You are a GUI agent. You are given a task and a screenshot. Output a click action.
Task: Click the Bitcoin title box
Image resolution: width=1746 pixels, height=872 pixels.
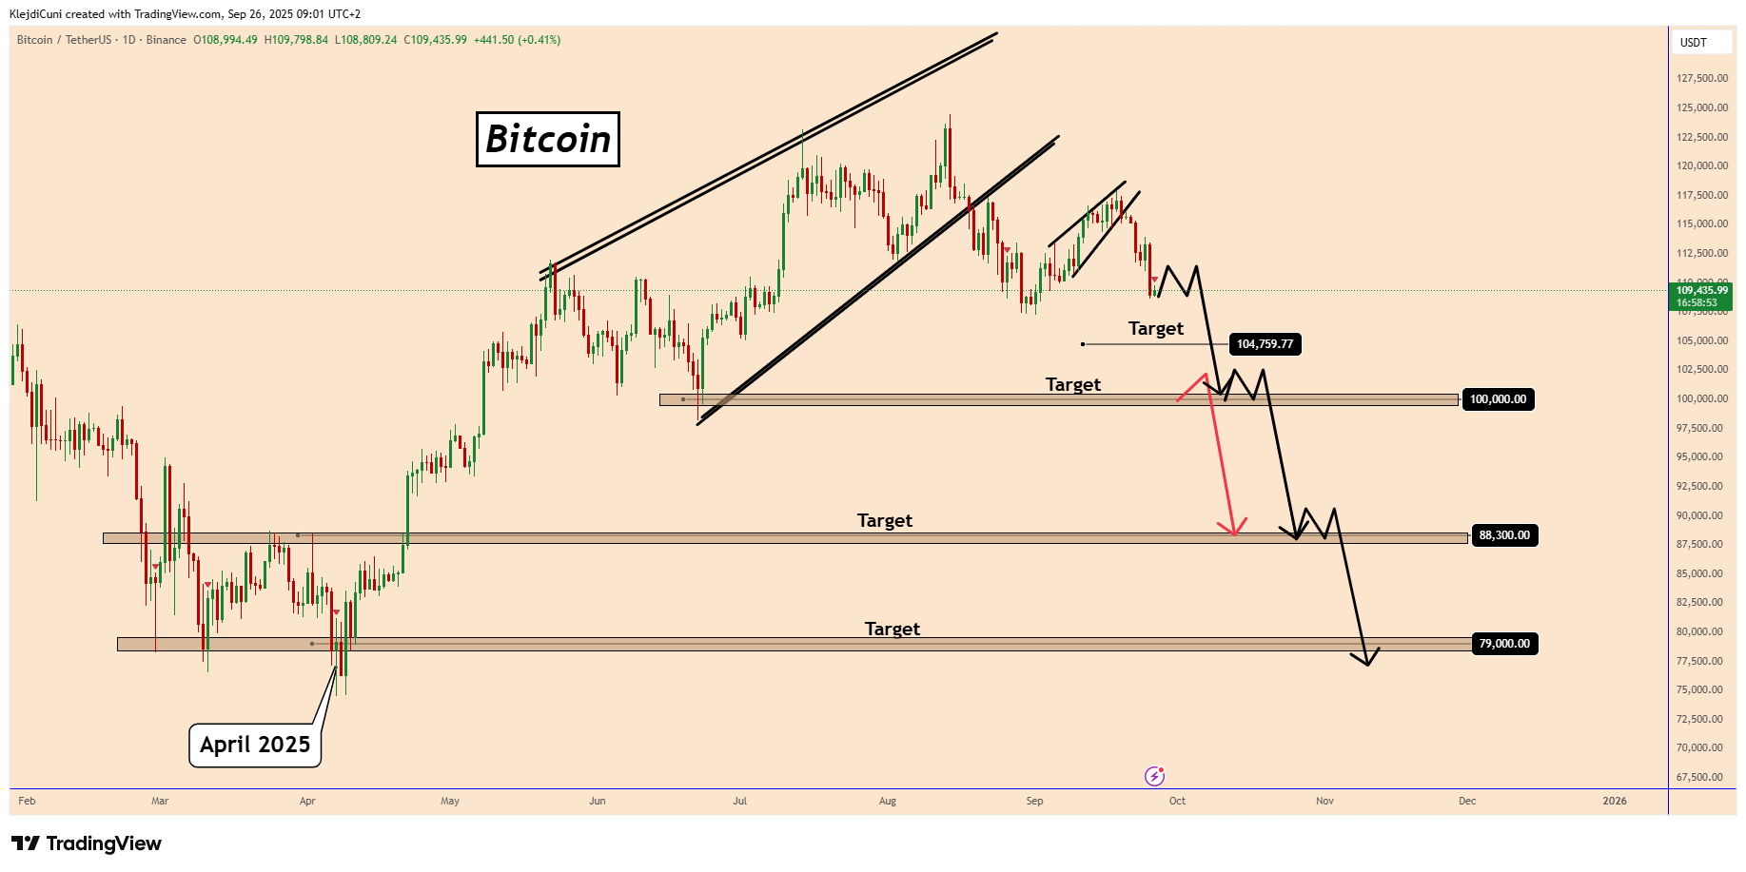(x=547, y=140)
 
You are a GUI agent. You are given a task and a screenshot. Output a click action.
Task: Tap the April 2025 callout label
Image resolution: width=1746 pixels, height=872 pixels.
(x=255, y=745)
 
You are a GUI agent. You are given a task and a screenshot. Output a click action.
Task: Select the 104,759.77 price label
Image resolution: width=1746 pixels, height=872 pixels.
(x=1265, y=344)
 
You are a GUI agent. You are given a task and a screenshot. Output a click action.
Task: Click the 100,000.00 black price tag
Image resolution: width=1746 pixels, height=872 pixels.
(x=1497, y=399)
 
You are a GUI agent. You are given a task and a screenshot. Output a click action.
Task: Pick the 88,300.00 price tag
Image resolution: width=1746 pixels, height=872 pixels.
(x=1503, y=535)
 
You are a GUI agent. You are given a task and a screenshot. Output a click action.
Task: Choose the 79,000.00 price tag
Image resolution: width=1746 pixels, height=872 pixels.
(x=1503, y=644)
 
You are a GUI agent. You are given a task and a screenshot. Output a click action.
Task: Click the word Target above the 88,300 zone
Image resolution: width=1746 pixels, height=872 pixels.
(x=884, y=520)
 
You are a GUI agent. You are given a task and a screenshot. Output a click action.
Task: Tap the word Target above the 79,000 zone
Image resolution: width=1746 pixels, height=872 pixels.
(x=892, y=629)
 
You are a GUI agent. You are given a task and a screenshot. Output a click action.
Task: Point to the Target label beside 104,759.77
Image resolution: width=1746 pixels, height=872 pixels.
(x=1155, y=328)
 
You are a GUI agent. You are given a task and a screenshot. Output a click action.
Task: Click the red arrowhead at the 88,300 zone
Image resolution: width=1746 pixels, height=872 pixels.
(x=1234, y=532)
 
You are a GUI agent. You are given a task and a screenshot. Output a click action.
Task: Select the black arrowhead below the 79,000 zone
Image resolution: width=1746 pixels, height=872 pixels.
(x=1366, y=661)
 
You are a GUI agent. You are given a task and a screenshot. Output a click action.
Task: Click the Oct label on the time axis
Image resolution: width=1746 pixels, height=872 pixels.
(x=1177, y=801)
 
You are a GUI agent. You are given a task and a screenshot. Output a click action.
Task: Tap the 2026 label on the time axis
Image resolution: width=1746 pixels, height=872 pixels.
(x=1614, y=801)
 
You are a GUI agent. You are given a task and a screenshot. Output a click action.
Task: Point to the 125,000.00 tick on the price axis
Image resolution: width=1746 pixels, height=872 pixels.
(x=1701, y=107)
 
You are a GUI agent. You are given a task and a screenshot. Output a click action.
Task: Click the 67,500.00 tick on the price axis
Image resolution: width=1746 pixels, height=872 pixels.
(x=1701, y=777)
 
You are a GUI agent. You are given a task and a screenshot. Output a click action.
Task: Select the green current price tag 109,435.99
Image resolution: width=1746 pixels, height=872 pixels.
(x=1701, y=296)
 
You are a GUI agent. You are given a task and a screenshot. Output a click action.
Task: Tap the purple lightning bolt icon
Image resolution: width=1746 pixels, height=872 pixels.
(x=1154, y=776)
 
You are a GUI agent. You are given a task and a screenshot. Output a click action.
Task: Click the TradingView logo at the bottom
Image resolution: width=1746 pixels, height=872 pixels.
(x=87, y=843)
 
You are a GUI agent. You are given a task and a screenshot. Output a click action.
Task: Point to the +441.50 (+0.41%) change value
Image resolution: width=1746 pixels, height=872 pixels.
(x=518, y=40)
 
